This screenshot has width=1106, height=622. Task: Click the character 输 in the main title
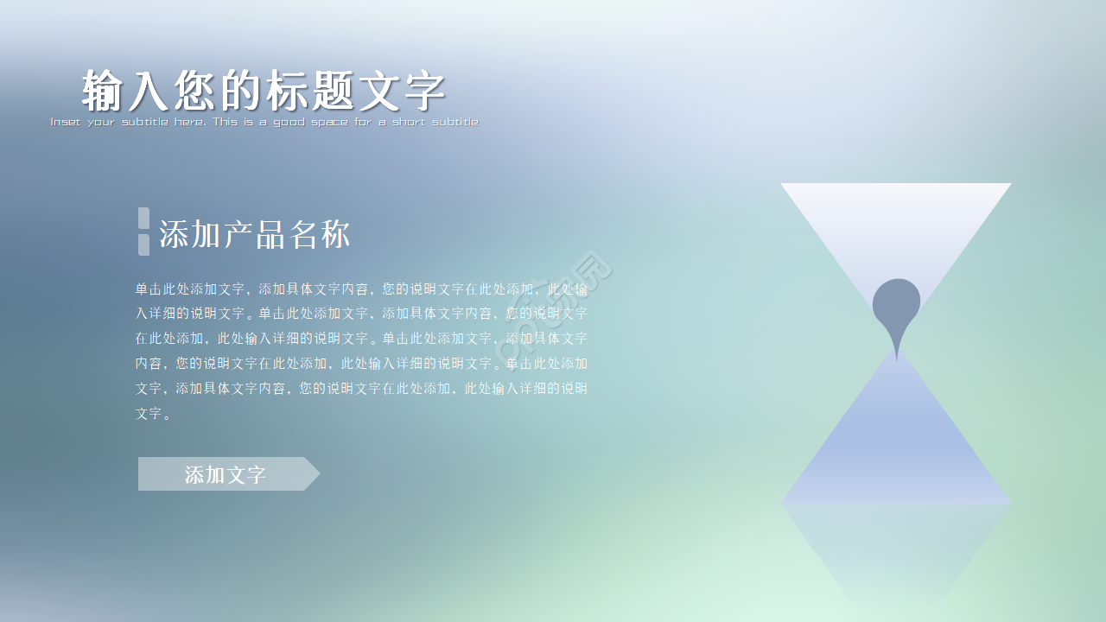pos(104,91)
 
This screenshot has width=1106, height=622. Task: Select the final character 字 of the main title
pos(424,91)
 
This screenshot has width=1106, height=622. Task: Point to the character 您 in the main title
pos(195,91)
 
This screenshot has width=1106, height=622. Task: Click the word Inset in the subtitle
pos(66,122)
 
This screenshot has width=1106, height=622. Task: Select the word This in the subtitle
pos(226,122)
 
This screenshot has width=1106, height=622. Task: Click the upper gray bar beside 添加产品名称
pos(143,218)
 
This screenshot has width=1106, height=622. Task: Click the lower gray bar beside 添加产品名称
pos(143,244)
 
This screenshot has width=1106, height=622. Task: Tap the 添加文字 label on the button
pos(225,474)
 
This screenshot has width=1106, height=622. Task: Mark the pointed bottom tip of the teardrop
pos(897,358)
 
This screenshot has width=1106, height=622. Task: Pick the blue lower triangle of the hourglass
pos(896,449)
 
